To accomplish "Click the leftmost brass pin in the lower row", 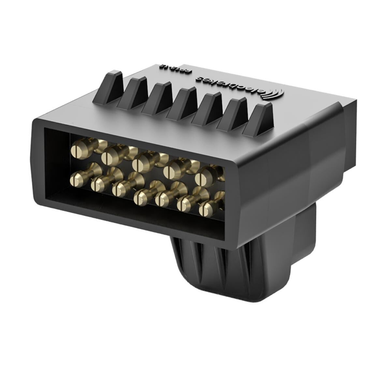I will coord(75,178).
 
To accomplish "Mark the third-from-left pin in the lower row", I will coord(118,189).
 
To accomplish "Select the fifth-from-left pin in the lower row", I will coord(161,200).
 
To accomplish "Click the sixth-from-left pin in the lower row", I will coord(183,205).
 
